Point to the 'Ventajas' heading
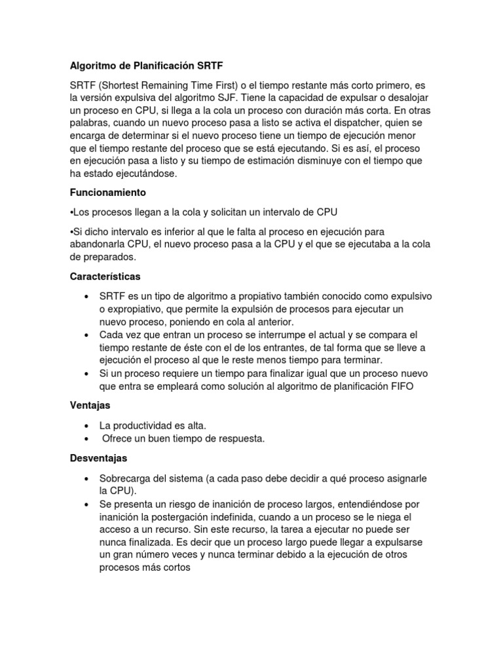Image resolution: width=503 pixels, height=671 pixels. click(x=90, y=406)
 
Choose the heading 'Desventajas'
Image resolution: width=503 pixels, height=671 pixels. click(x=98, y=457)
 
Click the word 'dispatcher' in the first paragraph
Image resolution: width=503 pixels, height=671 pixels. click(x=349, y=125)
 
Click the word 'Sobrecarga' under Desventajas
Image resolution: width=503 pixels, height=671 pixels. click(x=125, y=478)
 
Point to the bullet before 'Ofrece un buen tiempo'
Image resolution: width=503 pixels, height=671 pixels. click(x=86, y=439)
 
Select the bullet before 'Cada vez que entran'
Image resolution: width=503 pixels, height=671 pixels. click(x=86, y=335)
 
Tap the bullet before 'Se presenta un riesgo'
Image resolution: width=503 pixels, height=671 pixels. click(x=86, y=504)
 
